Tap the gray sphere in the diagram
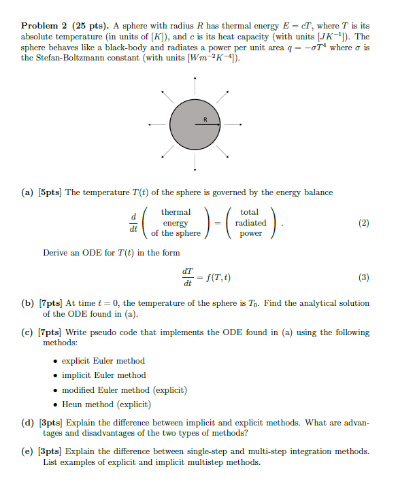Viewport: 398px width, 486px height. (x=194, y=125)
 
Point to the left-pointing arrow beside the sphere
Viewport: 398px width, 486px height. (x=157, y=125)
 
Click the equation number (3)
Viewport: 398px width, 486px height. (x=363, y=277)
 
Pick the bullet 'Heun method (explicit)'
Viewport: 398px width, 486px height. (x=106, y=404)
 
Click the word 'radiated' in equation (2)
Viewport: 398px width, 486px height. (x=250, y=222)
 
